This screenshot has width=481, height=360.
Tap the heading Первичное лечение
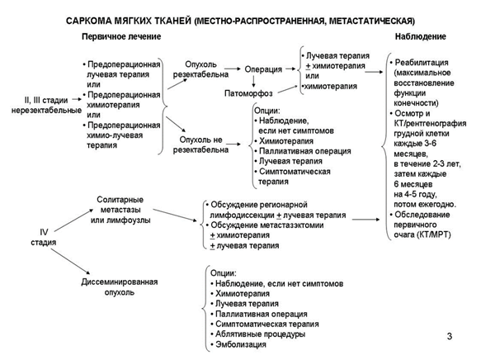click(x=121, y=38)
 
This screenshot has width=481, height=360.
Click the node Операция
click(x=263, y=69)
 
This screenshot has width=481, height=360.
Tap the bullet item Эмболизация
click(x=239, y=346)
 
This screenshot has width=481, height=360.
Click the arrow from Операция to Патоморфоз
click(x=263, y=81)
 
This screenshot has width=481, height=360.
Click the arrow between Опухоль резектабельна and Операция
click(x=233, y=69)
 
